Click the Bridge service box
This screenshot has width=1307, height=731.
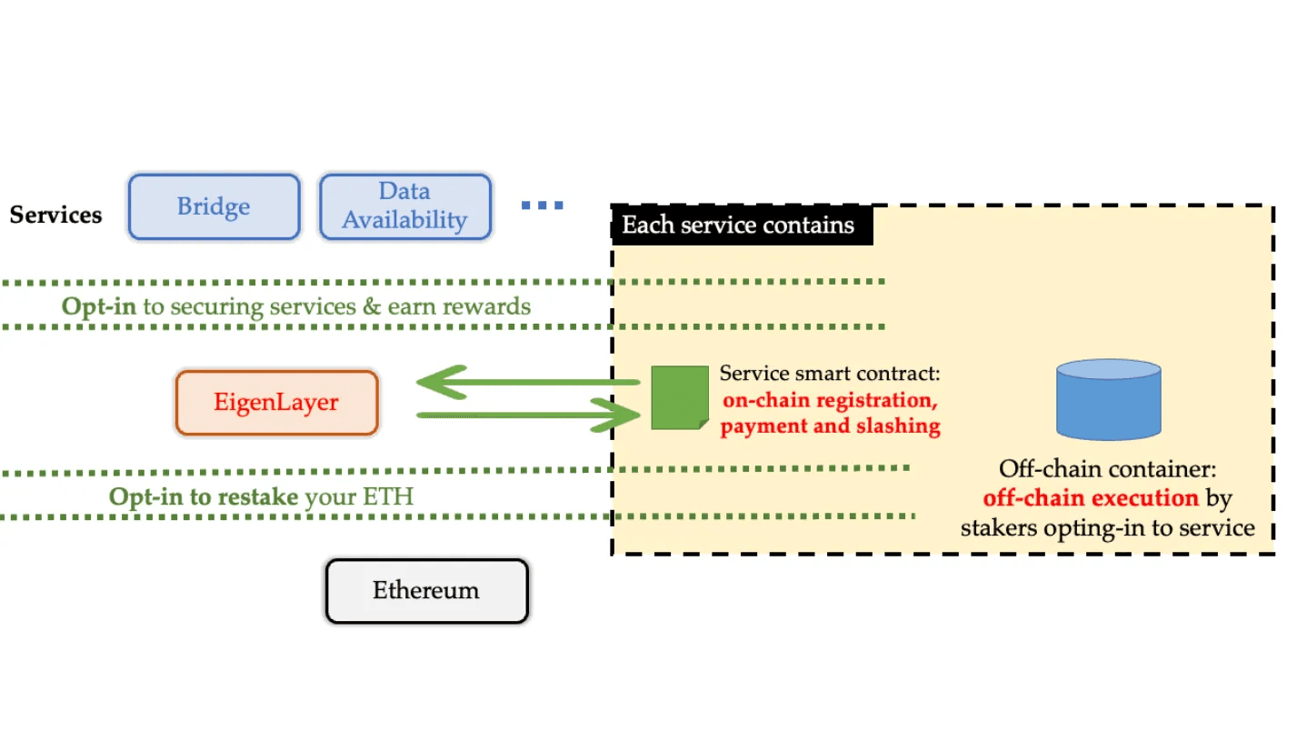[x=214, y=207]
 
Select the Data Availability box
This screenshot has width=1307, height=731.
[x=404, y=207]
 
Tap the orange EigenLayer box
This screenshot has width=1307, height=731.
[x=276, y=403]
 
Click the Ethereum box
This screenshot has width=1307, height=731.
[x=426, y=591]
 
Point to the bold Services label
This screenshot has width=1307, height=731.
[x=55, y=215]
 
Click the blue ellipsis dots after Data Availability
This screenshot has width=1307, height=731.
[x=542, y=205]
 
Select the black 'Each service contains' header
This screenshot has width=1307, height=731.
[x=738, y=225]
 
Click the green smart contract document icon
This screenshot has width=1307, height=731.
[x=679, y=397]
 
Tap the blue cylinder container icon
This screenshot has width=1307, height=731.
[x=1108, y=399]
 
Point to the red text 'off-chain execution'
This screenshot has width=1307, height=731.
[x=1091, y=498]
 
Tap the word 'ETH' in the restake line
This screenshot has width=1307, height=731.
[x=388, y=496]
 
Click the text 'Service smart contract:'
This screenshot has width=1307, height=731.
[x=829, y=374]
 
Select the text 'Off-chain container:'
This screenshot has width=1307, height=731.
[x=1107, y=469]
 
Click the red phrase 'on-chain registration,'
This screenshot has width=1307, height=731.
[x=829, y=400]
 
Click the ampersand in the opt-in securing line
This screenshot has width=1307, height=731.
[x=371, y=305]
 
